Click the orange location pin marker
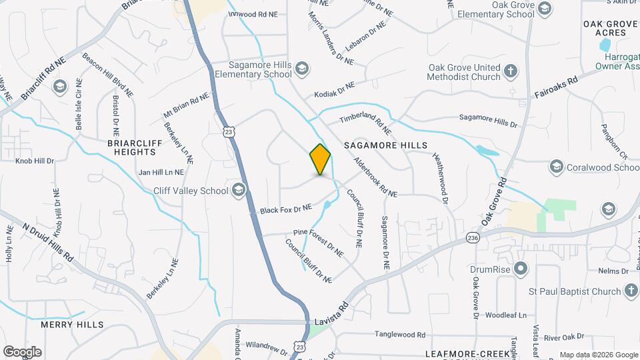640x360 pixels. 321,159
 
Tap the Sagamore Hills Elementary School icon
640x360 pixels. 302,68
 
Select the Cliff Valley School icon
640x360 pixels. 238,190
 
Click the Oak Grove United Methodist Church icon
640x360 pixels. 511,71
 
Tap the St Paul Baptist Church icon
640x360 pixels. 631,291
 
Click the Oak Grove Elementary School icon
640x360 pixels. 545,8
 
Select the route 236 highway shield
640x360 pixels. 473,238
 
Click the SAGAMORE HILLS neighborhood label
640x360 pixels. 385,145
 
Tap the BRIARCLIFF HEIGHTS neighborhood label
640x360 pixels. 131,147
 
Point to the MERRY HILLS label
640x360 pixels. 72,325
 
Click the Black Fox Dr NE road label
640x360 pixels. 286,209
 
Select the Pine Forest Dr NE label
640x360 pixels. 319,243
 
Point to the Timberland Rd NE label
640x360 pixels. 364,119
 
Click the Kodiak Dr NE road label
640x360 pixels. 335,90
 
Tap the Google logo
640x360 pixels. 22,351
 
